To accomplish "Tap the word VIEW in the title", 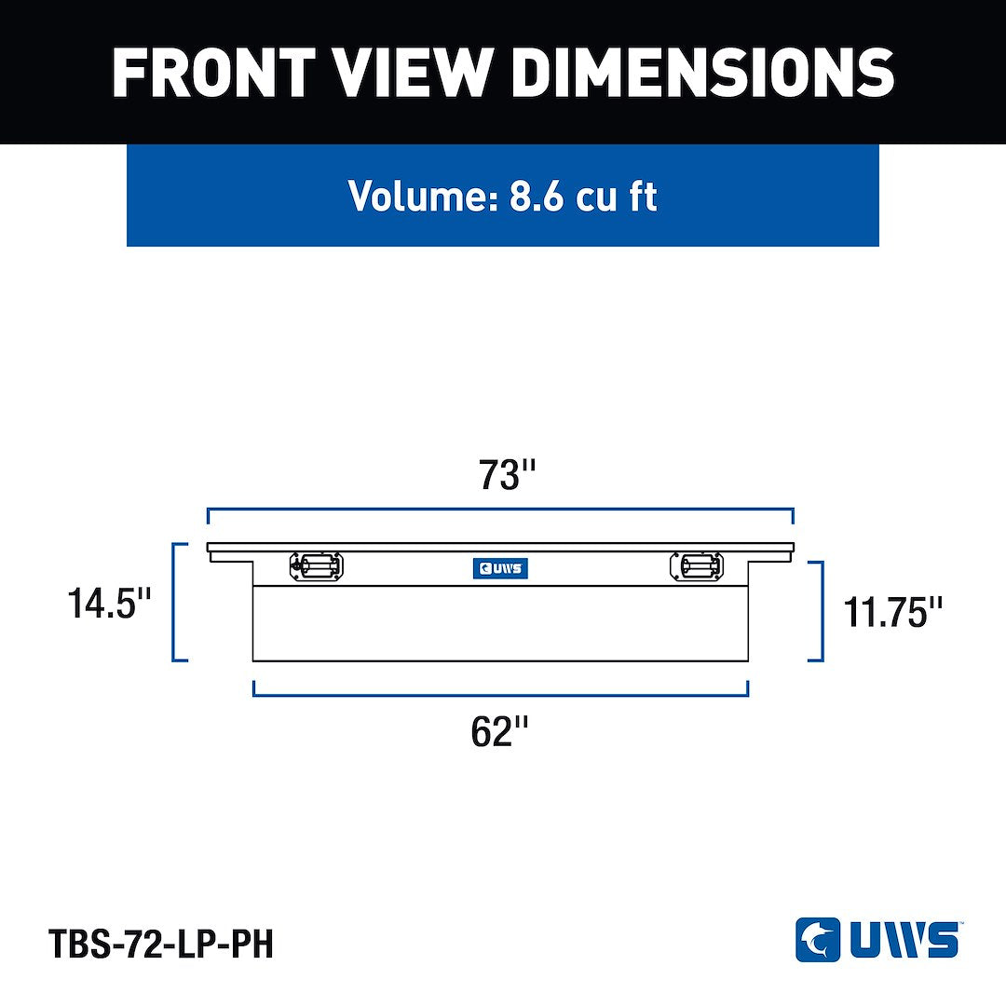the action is pos(414,72).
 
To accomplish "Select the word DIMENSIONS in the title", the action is pos(702,72).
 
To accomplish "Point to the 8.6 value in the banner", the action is pos(536,196).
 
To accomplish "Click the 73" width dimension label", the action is pos(507,475).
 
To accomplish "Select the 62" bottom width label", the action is pos(500,731).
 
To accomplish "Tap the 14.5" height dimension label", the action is pos(109,604).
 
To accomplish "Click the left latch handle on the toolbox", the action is pos(317,566).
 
